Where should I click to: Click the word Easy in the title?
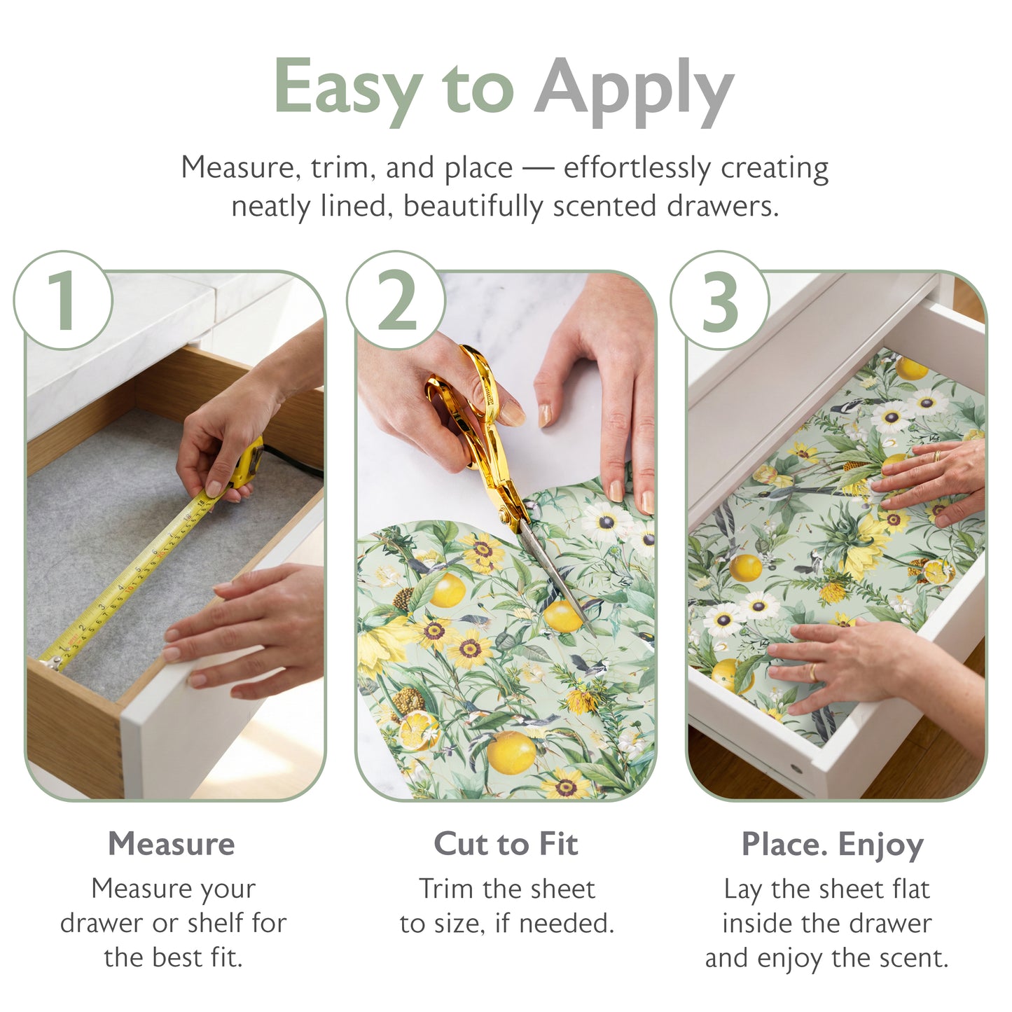point(347,88)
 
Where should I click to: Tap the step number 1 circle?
point(63,300)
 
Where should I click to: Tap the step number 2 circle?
point(396,300)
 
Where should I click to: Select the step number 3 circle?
point(719,300)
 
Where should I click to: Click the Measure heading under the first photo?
point(172,843)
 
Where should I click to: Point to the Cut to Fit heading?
point(506,843)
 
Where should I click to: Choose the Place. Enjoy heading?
point(832,845)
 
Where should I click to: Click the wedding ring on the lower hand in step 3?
point(812,673)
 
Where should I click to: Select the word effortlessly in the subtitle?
point(637,168)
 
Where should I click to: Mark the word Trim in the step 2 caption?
point(445,889)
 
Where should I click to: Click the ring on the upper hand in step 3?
point(937,456)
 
